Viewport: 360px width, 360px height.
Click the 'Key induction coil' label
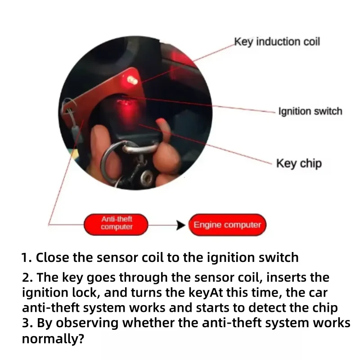277,42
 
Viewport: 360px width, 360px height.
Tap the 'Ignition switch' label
310,111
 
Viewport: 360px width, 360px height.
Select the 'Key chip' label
299,164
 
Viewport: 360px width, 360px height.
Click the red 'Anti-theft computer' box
116,225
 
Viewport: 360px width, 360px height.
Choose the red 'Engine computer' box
227,225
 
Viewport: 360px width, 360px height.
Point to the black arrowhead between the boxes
181,225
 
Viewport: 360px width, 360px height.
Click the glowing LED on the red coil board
132,81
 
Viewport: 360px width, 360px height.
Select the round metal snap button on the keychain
147,178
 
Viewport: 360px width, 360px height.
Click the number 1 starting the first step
27,257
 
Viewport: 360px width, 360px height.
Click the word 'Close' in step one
52,257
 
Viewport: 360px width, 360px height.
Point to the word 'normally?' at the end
53,338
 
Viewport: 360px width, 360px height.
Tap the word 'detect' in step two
266,308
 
